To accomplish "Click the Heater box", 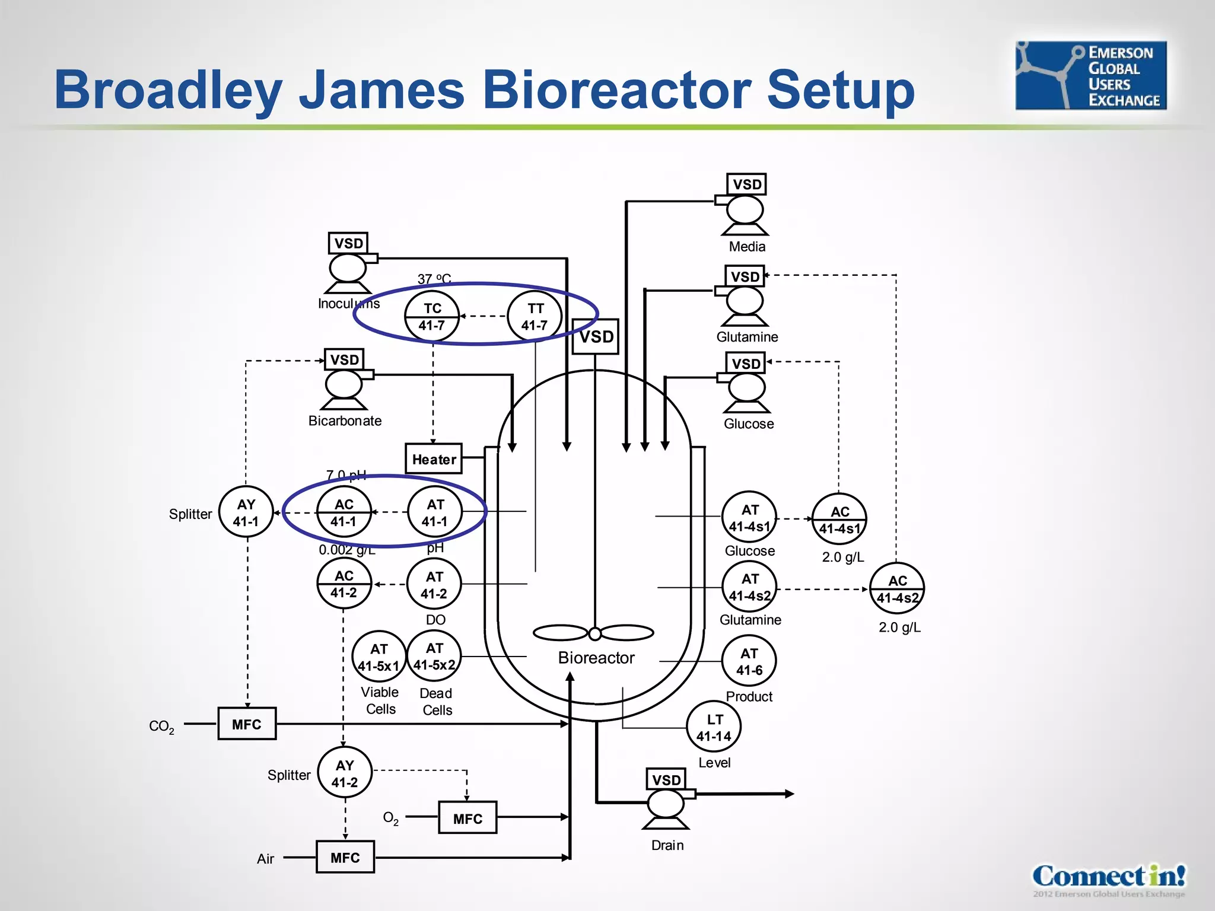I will (x=434, y=459).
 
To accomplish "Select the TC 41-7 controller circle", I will (x=432, y=317).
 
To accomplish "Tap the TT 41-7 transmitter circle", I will (x=535, y=317).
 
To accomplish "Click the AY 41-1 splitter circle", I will (x=246, y=512).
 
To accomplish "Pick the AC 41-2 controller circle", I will (x=343, y=584).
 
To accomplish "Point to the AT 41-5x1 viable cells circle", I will (x=379, y=657).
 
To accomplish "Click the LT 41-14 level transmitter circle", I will (x=714, y=728).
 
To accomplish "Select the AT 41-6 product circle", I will (x=749, y=661).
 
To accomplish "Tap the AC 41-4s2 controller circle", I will (x=897, y=589).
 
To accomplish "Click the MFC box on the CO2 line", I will (x=247, y=724).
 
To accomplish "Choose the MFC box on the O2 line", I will (x=467, y=818).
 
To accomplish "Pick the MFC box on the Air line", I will (x=345, y=857).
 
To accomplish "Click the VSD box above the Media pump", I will (x=746, y=184).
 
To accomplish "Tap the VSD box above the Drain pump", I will (x=666, y=779).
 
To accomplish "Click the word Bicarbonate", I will (x=345, y=421).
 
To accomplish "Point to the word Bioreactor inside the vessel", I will (x=596, y=658).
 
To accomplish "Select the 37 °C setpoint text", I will (x=434, y=279).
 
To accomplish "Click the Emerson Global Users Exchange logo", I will (x=1090, y=75).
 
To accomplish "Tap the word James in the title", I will (x=381, y=90).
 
